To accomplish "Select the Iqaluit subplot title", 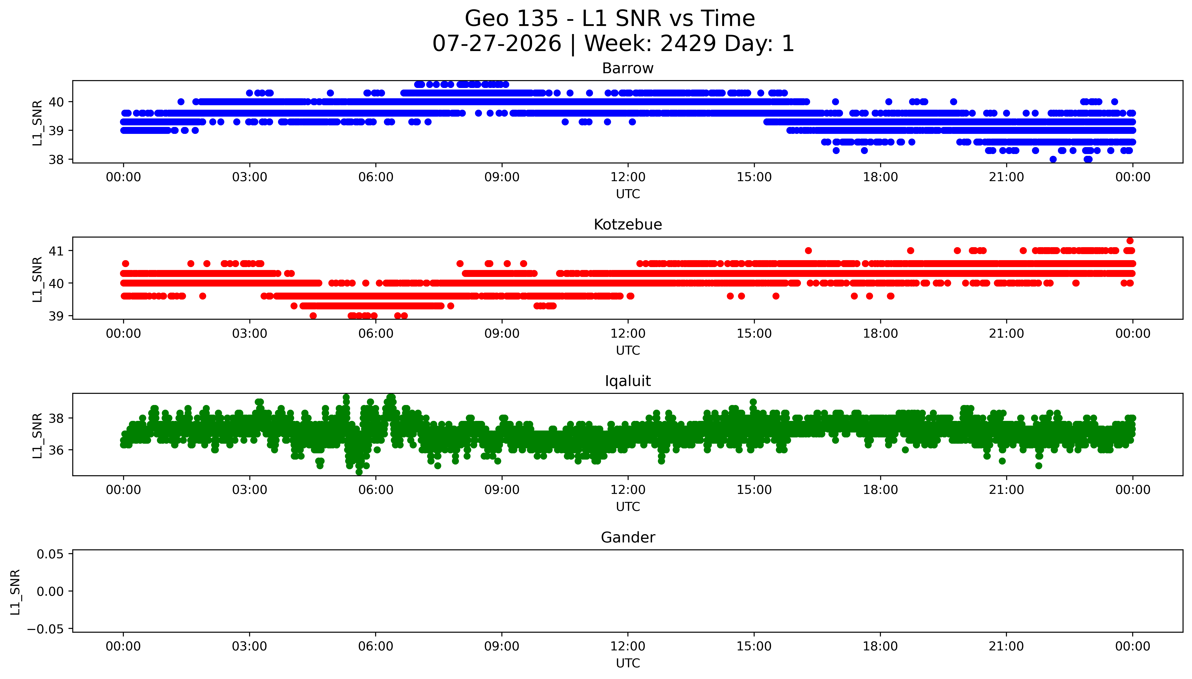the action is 627,381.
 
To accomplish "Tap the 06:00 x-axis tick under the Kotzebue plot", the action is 376,333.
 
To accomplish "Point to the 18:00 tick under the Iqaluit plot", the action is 880,490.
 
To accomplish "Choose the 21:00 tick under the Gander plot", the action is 1006,646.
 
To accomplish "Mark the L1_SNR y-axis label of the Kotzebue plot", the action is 37,279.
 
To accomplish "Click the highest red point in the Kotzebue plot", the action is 1130,241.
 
